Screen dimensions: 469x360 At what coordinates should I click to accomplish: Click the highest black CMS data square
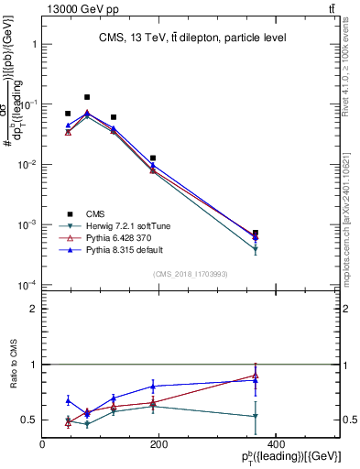(87, 97)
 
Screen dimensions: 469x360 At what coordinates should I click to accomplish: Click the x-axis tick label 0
(42, 444)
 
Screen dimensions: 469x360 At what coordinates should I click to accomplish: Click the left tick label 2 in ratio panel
(33, 309)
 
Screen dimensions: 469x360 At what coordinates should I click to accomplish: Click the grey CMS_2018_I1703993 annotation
(191, 274)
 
